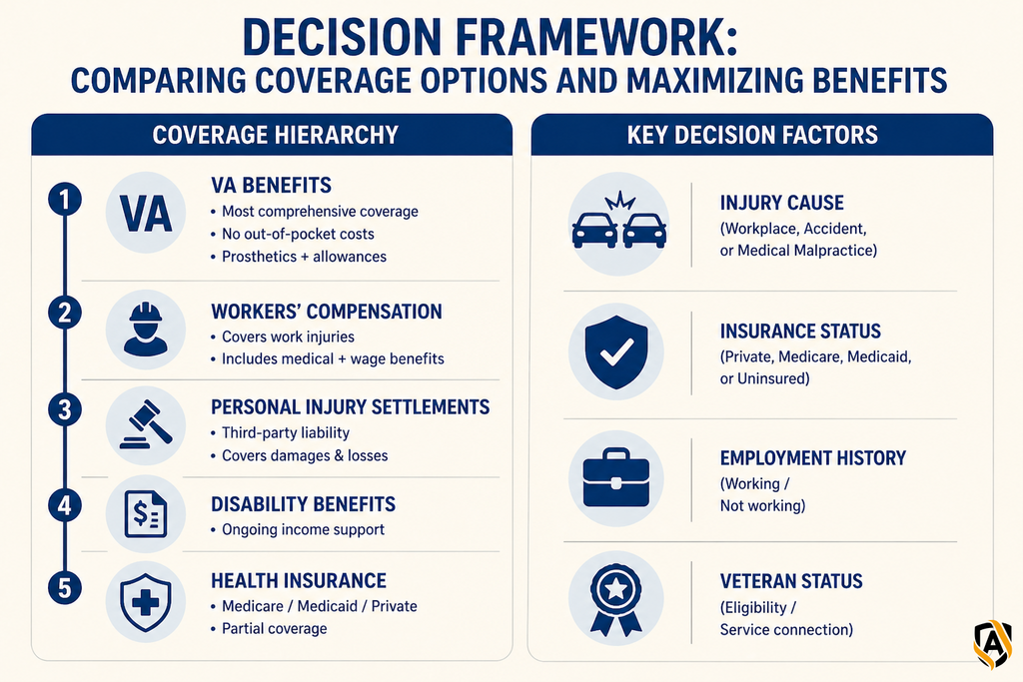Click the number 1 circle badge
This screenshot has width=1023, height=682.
[65, 200]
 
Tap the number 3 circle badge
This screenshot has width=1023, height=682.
[65, 410]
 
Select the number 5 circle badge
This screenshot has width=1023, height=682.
[65, 587]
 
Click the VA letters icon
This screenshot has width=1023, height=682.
[146, 214]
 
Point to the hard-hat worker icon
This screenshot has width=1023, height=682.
[146, 330]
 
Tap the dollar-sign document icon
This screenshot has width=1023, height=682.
[146, 514]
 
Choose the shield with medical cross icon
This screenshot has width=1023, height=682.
[146, 602]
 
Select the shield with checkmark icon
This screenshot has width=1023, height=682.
[616, 351]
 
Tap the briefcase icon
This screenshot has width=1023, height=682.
[615, 478]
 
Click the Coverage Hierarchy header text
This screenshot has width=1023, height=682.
[276, 135]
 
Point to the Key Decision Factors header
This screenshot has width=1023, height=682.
[752, 135]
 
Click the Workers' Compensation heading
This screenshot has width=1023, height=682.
[327, 312]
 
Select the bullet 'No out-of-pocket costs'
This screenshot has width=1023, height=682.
[298, 234]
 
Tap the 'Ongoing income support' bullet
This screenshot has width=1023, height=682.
[303, 529]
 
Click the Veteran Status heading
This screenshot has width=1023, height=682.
[791, 581]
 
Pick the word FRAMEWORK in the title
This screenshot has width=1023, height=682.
[595, 38]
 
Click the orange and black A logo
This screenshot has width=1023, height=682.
[992, 644]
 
